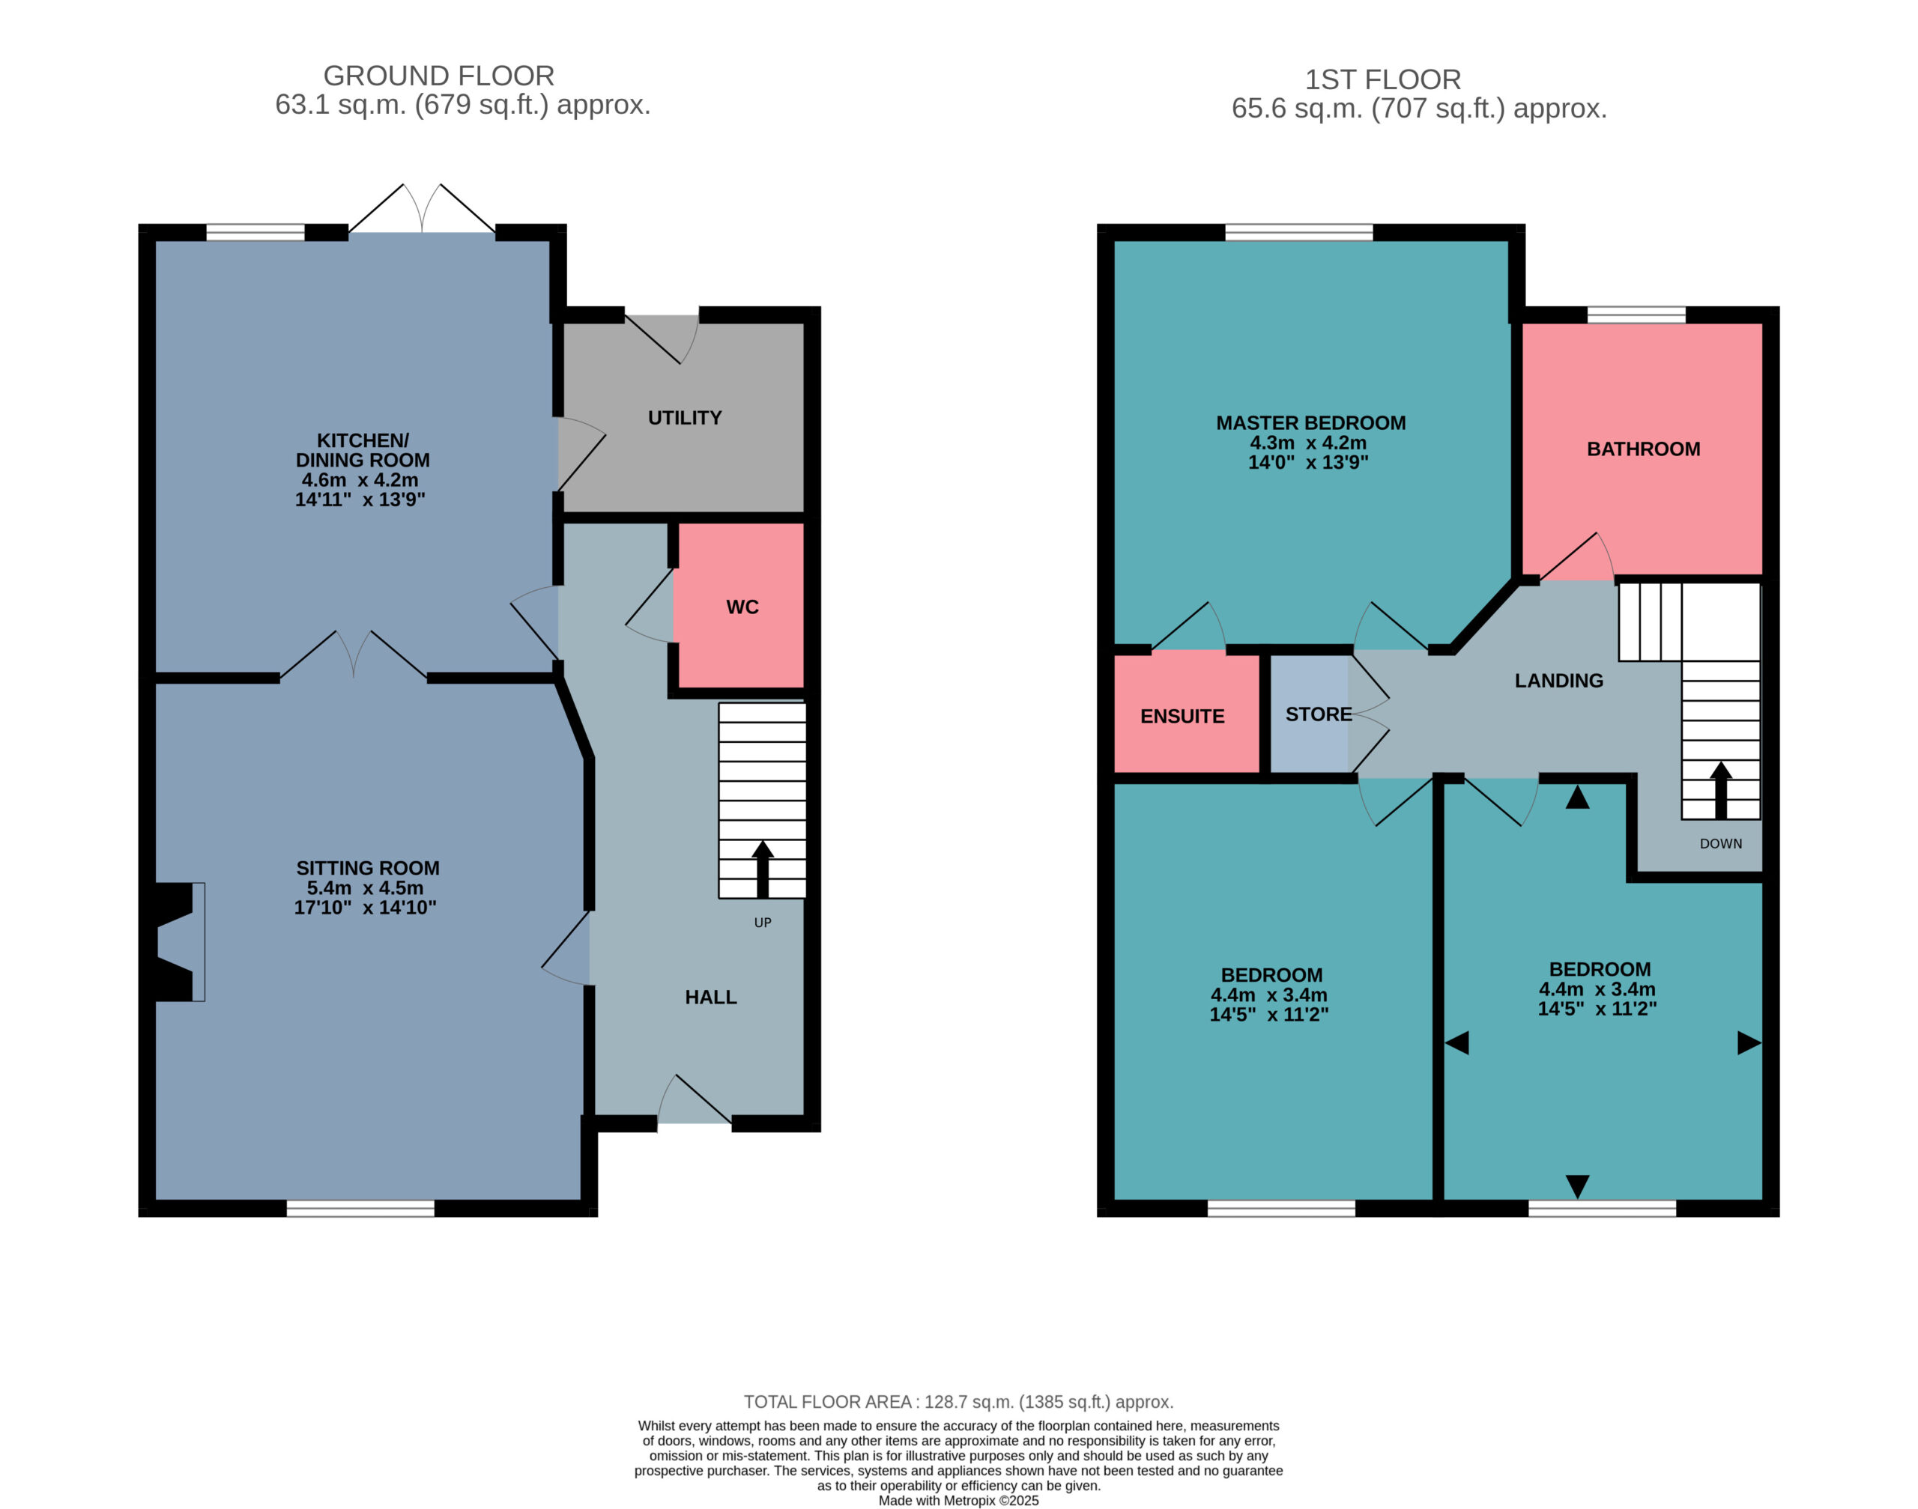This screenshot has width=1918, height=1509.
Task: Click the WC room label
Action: click(x=742, y=607)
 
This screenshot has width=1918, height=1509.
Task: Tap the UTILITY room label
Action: click(x=684, y=418)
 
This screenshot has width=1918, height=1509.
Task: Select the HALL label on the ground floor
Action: click(x=710, y=997)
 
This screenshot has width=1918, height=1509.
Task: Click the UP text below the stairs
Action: click(x=762, y=923)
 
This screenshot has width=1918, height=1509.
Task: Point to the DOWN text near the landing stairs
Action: click(x=1720, y=844)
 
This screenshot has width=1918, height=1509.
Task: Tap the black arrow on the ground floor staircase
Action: click(x=762, y=869)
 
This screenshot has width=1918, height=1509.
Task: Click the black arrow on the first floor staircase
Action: click(x=1720, y=790)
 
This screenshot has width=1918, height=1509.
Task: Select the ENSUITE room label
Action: click(x=1182, y=717)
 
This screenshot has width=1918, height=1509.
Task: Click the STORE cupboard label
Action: click(x=1318, y=714)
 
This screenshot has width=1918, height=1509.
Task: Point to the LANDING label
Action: click(x=1558, y=680)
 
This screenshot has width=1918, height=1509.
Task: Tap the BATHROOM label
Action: click(x=1643, y=449)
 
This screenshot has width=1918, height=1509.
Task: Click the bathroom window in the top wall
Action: click(x=1636, y=315)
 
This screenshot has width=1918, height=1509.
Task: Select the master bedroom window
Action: click(x=1298, y=232)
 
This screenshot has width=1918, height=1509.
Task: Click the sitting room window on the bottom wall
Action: click(x=360, y=1208)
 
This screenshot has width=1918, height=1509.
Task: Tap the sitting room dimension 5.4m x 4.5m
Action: click(x=365, y=888)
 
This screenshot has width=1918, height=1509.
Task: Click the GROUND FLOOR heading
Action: click(x=438, y=76)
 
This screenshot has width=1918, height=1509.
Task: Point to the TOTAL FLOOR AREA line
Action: click(x=958, y=1402)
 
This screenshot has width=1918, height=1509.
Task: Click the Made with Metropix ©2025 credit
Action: click(x=958, y=1500)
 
